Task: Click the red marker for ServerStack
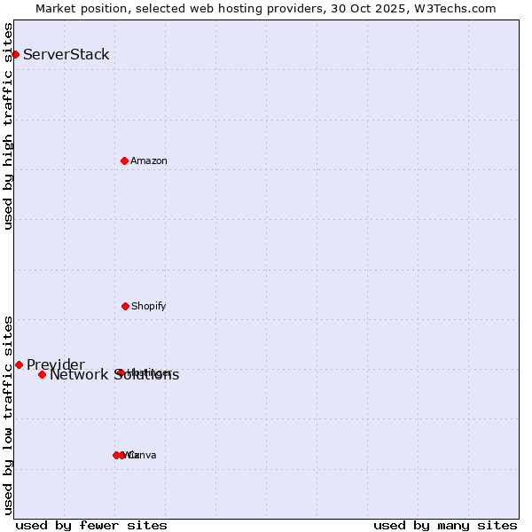coord(15,54)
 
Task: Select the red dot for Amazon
coord(125,160)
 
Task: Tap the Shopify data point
coord(125,306)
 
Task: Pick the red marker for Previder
coord(19,364)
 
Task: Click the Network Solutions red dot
coord(42,374)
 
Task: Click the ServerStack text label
coord(66,54)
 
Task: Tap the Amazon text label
coord(149,160)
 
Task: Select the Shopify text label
coord(149,306)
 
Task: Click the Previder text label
coord(56,364)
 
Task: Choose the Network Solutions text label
coord(114,375)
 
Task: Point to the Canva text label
coord(142,455)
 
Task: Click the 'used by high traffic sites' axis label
coord(9,126)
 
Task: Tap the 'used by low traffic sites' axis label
coord(9,415)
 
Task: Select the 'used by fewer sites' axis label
coord(91,525)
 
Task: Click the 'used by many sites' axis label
coord(445,525)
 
